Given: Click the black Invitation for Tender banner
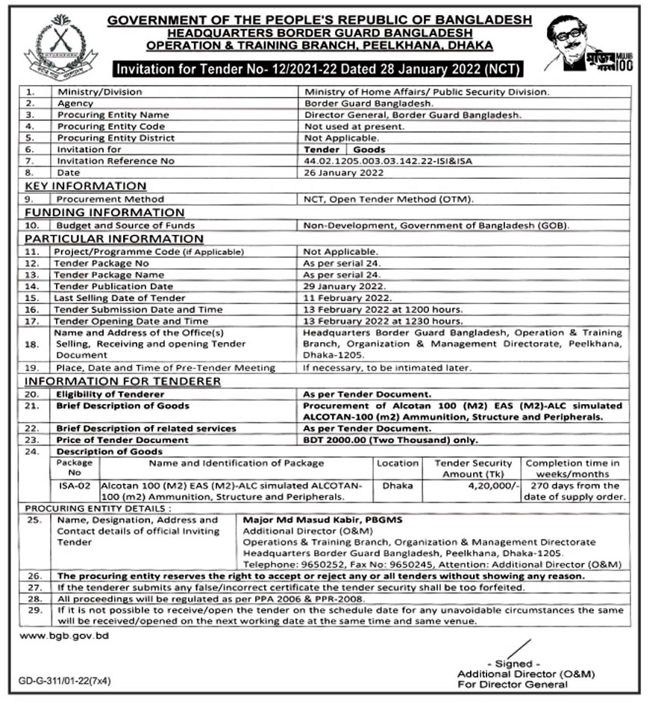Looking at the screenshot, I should pos(319,69).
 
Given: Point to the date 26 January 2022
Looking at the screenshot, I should pos(343,172).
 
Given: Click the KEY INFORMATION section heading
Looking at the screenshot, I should pos(86,186).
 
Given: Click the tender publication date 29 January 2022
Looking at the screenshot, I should pos(344,286).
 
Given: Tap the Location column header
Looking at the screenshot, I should pos(398,463).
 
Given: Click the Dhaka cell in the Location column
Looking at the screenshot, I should pos(398,485).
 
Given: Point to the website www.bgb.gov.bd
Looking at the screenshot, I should pos(64,635).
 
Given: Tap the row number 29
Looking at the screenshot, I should pos(31,611).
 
